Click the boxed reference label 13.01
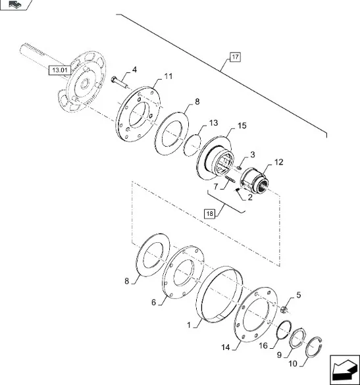tap(60, 70)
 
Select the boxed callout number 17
tap(235, 57)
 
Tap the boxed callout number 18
tap(209, 214)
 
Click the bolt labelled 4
tap(120, 82)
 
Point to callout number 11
tap(168, 76)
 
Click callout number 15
tap(242, 126)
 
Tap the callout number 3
tap(253, 155)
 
